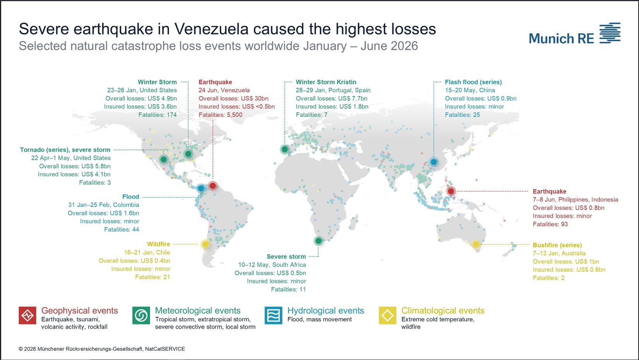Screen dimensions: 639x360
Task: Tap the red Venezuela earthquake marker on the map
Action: point(212,186)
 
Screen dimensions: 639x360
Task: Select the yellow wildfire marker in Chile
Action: point(205,244)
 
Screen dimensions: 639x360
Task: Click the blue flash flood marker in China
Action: point(434,162)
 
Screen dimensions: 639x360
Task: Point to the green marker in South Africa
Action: point(318,241)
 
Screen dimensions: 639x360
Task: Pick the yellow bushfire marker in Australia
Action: point(476,244)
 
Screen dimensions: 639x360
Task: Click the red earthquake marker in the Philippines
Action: point(451,191)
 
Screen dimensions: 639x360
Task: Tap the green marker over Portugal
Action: point(284,149)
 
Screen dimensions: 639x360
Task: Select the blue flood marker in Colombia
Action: point(201,188)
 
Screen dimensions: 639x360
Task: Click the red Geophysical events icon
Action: point(27,315)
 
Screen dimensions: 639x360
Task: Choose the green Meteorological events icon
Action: point(141,315)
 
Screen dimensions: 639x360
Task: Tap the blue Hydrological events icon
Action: point(273,315)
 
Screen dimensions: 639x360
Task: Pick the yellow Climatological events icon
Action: point(388,315)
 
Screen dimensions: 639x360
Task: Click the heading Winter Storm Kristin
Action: point(326,82)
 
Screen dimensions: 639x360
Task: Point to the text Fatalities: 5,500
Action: point(220,115)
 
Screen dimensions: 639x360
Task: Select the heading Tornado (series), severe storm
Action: point(65,150)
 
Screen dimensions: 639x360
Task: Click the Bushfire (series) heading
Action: point(557,245)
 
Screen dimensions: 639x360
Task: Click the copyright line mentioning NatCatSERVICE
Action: point(102,349)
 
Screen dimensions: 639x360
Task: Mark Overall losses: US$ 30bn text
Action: point(233,99)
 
